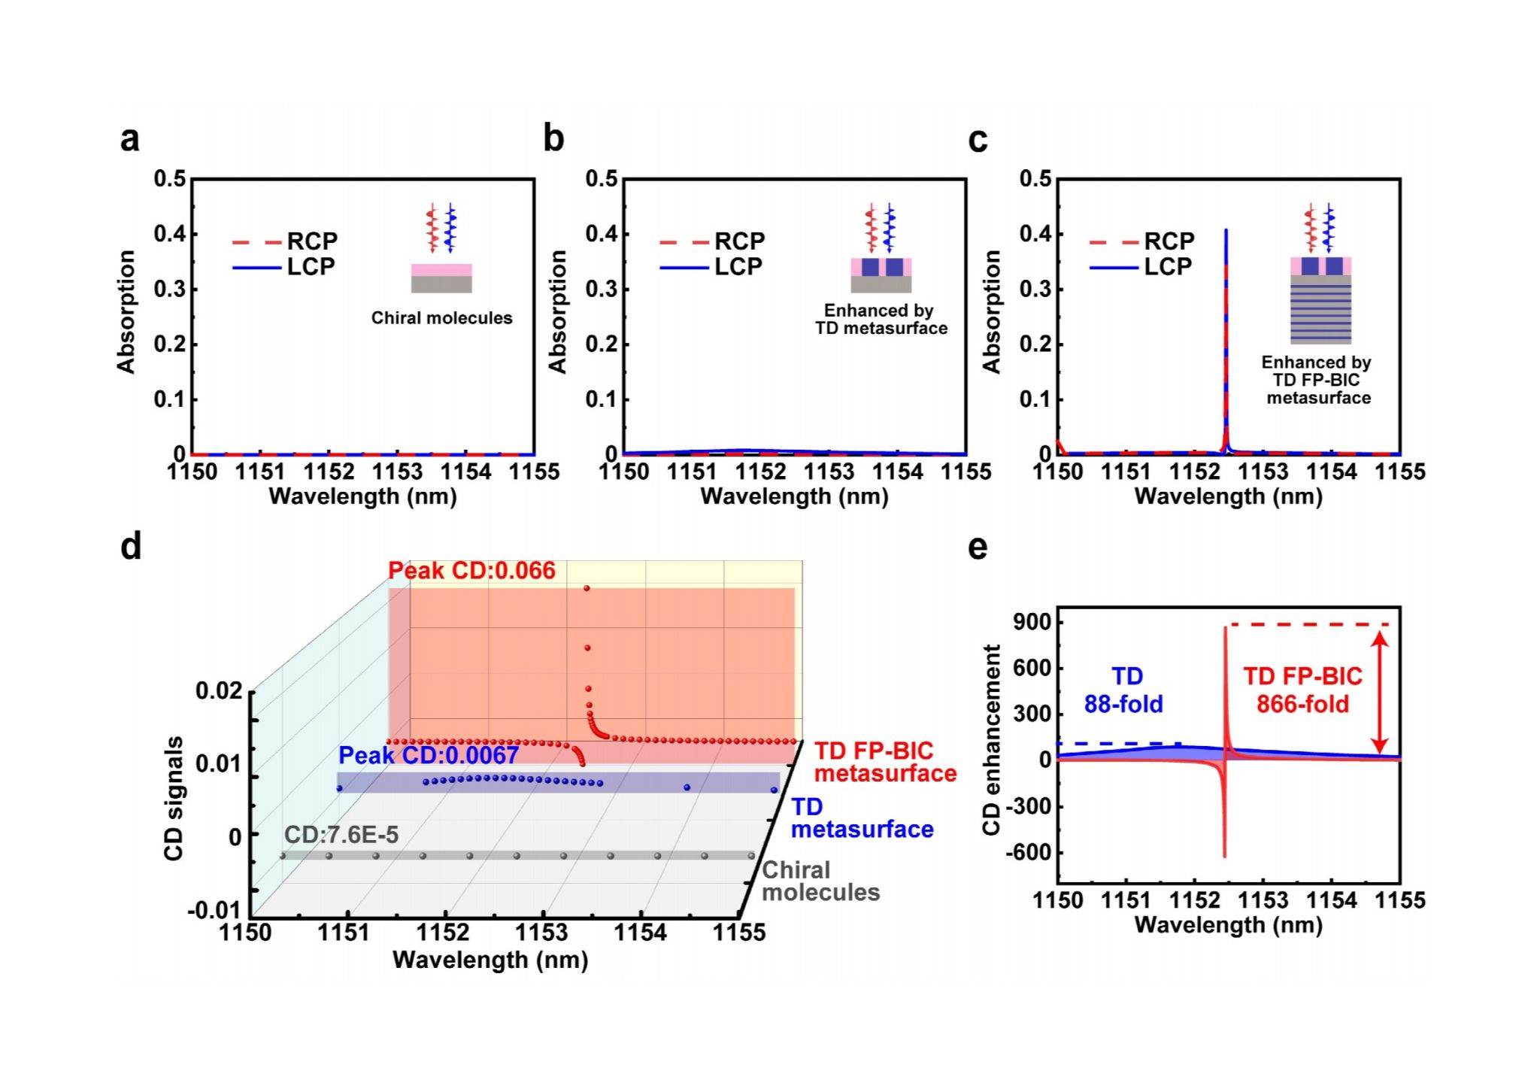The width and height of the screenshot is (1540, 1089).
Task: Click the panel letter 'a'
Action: coord(129,140)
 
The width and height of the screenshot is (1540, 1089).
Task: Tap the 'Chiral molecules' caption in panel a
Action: coord(441,318)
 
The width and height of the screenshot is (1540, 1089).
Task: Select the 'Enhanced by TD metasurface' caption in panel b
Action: coord(881,320)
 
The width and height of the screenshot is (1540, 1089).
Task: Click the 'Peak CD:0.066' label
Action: coord(471,571)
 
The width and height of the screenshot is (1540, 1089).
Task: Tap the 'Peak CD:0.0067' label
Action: coord(429,755)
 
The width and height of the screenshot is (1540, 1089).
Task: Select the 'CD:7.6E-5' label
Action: coord(341,835)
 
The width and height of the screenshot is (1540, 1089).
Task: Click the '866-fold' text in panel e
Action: coord(1302,705)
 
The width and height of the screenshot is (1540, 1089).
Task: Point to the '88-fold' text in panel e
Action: coord(1123,704)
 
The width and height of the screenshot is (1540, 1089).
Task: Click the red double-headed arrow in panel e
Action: coord(1379,690)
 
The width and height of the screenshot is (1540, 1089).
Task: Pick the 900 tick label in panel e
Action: coord(1030,623)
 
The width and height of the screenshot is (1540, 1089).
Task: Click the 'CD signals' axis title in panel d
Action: coord(174,798)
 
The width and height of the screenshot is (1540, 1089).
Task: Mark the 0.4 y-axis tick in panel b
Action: coord(601,234)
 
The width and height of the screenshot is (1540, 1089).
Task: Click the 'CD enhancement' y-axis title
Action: coord(992,740)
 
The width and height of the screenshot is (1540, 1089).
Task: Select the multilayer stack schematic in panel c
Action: coord(1320,308)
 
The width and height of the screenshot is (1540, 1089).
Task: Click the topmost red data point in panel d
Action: coord(587,588)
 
